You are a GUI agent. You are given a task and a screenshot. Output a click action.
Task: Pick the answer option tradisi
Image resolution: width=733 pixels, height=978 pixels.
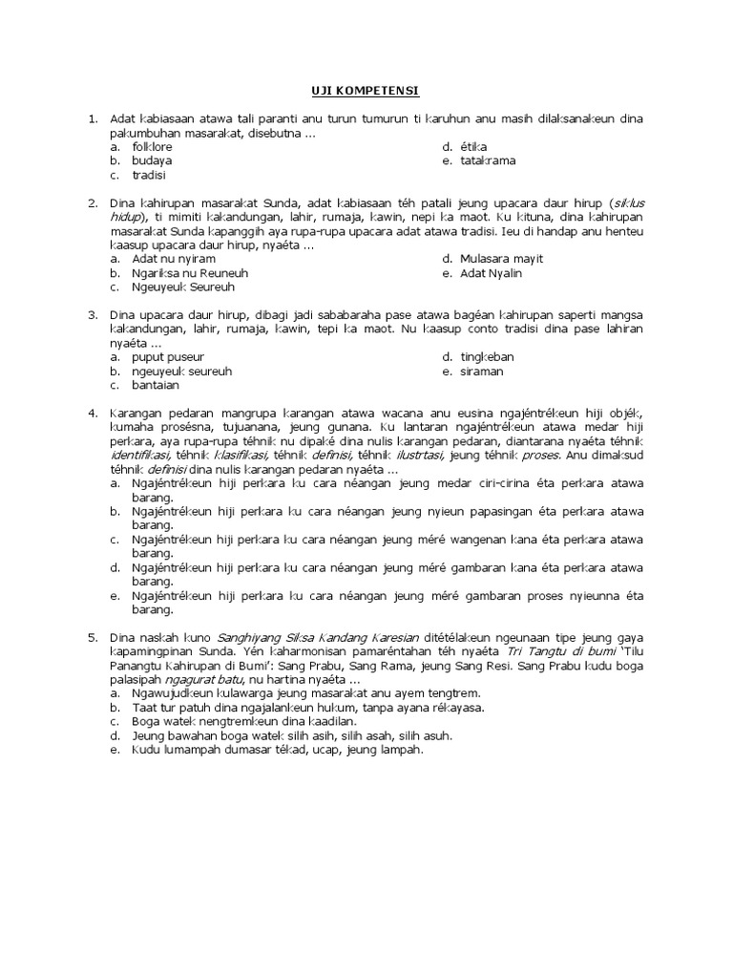[x=149, y=175]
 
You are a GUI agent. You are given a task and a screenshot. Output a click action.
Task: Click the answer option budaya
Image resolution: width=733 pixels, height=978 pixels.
[x=152, y=160]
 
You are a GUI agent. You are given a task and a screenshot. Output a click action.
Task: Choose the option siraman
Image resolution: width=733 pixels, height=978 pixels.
[x=484, y=371]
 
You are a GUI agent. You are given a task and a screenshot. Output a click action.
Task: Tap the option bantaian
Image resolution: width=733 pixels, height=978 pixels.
[x=157, y=385]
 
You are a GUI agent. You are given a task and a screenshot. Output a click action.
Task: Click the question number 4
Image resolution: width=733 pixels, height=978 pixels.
[x=93, y=413]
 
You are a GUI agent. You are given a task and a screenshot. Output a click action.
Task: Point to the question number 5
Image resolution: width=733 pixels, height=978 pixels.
[x=93, y=636]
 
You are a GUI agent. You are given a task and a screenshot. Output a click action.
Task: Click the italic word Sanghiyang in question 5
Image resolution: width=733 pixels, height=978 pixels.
[x=254, y=636]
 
